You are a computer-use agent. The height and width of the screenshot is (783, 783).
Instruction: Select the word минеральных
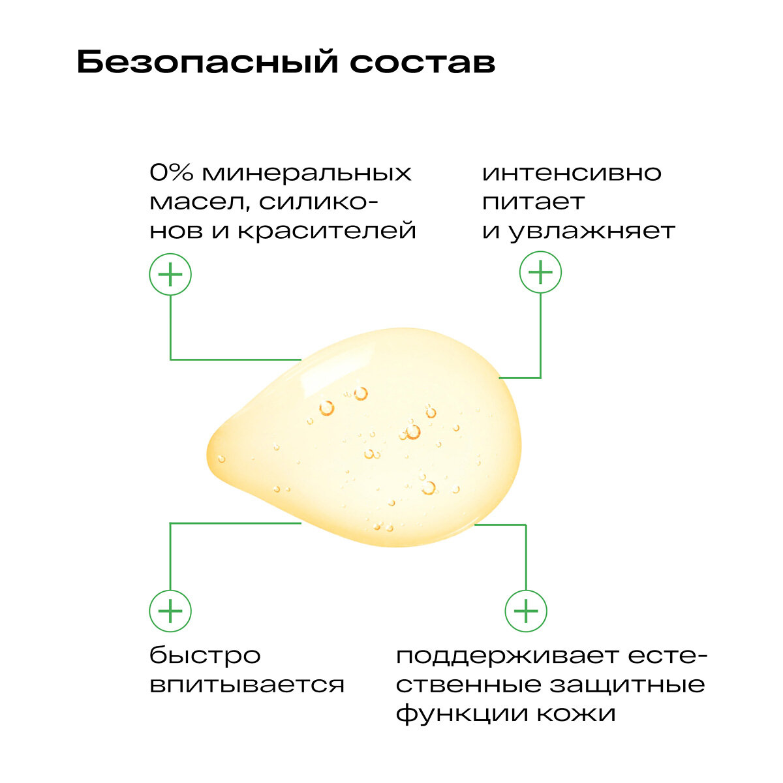[x=306, y=174]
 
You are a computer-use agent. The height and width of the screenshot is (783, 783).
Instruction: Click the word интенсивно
[x=572, y=174]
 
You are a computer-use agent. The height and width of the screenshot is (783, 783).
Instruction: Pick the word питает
[x=533, y=202]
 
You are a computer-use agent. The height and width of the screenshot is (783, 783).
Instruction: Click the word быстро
[x=205, y=656]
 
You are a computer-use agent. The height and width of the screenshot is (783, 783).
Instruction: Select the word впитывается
[x=247, y=685]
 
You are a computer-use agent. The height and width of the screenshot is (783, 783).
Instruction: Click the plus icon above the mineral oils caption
[x=170, y=274]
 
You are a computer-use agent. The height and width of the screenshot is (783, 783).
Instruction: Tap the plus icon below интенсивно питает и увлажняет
[x=540, y=271]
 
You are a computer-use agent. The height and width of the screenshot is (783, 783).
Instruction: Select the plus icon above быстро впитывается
[x=170, y=611]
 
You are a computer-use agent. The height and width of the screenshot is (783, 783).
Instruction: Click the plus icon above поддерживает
[x=526, y=611]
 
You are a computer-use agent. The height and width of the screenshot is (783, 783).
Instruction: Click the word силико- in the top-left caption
[x=318, y=202]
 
